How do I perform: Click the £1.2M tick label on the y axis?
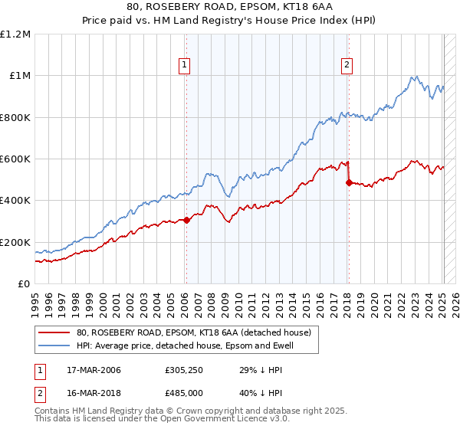pyautogui.click(x=15, y=34)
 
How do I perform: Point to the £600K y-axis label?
pyautogui.click(x=15, y=159)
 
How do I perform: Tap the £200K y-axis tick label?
pyautogui.click(x=15, y=242)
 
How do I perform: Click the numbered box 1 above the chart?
pyautogui.click(x=186, y=66)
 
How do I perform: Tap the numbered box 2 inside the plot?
pyautogui.click(x=347, y=66)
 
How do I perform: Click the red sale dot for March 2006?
pyautogui.click(x=186, y=221)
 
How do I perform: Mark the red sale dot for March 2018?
pyautogui.click(x=349, y=183)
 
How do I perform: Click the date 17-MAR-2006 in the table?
pyautogui.click(x=89, y=370)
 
